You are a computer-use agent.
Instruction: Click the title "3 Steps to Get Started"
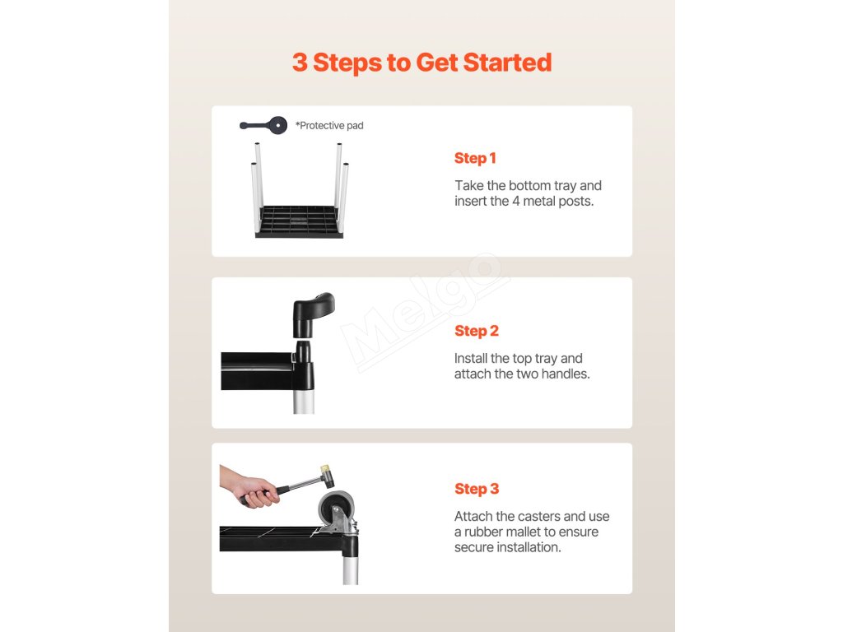click(422, 63)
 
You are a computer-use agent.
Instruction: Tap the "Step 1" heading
click(475, 158)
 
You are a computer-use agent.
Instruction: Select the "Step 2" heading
click(477, 331)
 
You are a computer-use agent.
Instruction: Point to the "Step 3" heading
click(477, 489)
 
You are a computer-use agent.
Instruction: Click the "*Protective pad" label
click(329, 126)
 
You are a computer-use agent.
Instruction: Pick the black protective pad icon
click(263, 125)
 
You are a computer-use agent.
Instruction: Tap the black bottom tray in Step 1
click(299, 222)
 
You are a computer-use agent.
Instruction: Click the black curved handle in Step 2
click(314, 314)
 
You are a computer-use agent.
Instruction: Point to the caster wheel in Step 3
click(336, 508)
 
